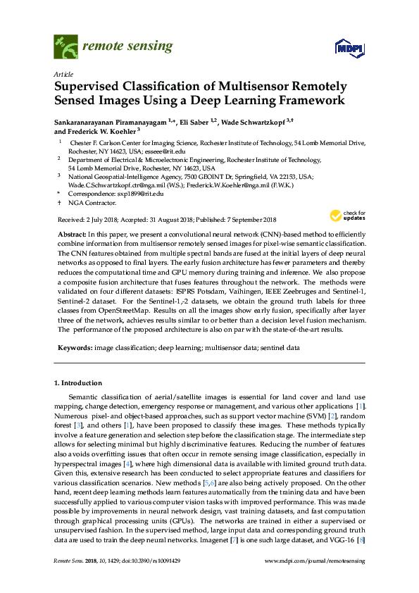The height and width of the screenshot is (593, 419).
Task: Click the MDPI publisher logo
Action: coord(347,48)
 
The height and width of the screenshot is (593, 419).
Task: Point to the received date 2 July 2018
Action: coord(98,220)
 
